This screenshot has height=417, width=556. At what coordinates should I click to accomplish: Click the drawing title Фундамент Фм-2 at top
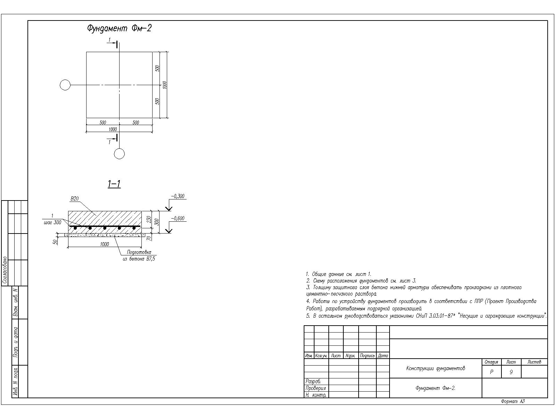coord(119,28)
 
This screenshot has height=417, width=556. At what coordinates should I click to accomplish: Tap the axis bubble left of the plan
coord(65,85)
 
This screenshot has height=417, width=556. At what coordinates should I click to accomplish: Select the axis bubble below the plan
coord(119,154)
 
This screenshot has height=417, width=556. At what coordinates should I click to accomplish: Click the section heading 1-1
coord(114,184)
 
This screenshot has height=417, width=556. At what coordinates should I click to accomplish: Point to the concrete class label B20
coord(74,199)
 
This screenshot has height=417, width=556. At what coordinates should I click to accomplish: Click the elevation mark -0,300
coord(178,196)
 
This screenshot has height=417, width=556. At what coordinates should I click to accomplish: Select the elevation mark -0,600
coord(178,219)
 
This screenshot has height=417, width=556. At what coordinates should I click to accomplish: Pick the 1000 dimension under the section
coord(104,244)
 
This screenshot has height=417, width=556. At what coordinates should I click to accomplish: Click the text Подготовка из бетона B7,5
coord(139,256)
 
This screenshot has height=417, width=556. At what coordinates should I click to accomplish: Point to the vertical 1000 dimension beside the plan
coord(165,85)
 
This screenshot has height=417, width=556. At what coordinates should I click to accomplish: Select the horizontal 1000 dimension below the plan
coord(113,129)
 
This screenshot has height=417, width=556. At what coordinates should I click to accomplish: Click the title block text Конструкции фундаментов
coord(435,368)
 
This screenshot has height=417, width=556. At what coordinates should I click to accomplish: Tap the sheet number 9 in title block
coord(511,372)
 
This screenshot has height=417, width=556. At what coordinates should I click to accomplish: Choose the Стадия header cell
coord(491,362)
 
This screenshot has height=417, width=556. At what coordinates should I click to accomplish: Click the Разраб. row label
coord(313,382)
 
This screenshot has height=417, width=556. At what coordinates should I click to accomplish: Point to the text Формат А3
coord(513,401)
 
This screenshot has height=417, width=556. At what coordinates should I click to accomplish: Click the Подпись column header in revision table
coord(367,356)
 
